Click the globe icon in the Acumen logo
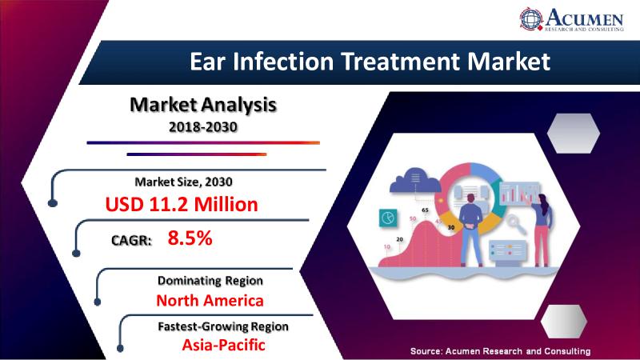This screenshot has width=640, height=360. tap(531, 18)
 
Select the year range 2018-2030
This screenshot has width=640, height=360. tap(203, 127)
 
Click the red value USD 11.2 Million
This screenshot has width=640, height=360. tap(182, 204)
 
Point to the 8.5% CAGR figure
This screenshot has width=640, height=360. tap(190, 238)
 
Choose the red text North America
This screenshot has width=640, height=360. tap(210, 301)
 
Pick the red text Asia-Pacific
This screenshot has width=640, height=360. tap(224, 345)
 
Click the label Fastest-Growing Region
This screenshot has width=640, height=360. tap(223, 326)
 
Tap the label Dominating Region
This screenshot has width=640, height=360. tap(210, 281)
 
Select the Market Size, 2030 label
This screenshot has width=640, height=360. tap(184, 182)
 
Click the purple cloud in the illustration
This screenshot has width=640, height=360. tap(415, 180)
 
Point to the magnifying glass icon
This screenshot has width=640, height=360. tap(516, 224)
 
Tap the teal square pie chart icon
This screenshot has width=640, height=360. tap(388, 218)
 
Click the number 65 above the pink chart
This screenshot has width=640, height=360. tap(425, 210)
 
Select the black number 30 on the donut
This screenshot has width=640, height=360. tap(451, 227)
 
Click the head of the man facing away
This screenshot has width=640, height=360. tap(470, 198)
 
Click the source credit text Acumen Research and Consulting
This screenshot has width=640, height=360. tap(518, 351)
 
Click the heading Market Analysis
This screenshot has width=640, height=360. tap(203, 105)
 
